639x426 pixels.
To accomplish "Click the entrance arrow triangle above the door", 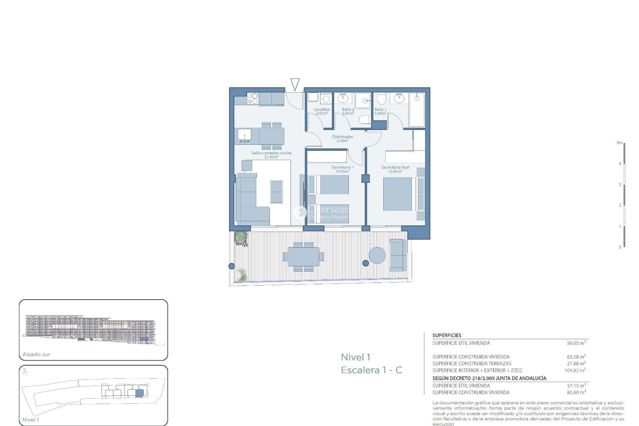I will tap(295, 84).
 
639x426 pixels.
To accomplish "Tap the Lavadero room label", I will tap(321, 111).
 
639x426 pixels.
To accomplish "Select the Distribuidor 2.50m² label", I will tap(342, 138).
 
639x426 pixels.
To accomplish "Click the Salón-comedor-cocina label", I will tap(271, 155).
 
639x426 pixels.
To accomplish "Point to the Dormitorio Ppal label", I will tap(395, 169).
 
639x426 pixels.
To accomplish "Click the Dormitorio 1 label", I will tap(342, 169).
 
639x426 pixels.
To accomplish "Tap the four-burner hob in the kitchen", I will tap(253, 99).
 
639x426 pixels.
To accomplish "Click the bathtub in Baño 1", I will tap(417, 110).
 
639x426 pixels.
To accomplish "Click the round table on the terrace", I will tap(377, 255).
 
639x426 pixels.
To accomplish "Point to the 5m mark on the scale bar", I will tap(619, 143).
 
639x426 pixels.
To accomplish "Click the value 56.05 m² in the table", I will tap(576, 343).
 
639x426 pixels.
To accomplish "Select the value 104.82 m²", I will tap(575, 370).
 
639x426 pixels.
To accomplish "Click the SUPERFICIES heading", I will tap(447, 335).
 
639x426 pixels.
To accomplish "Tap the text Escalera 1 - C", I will tap(371, 370).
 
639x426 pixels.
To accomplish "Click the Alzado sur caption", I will tap(36, 354).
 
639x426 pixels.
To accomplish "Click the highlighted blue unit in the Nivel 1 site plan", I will tap(139, 393).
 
